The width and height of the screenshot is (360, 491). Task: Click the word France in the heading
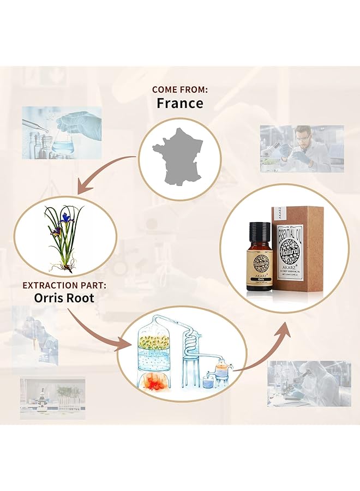tap(179, 103)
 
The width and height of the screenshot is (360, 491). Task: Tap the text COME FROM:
tap(179, 89)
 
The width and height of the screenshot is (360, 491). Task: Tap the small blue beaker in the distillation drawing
tap(207, 384)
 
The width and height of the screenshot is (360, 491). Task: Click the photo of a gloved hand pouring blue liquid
tap(62, 133)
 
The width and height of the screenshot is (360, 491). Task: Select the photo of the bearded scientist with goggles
tap(302, 148)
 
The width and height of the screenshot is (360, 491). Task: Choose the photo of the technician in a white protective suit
tap(309, 383)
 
